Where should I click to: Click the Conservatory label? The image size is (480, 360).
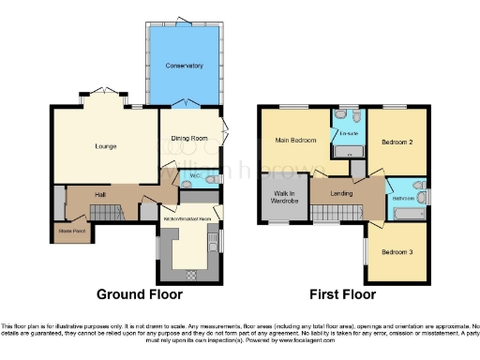(184, 66)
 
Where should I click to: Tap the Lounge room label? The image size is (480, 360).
(104, 146)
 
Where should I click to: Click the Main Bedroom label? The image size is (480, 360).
(293, 141)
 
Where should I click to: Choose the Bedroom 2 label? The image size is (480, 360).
(397, 142)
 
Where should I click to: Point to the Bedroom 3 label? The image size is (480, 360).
(397, 252)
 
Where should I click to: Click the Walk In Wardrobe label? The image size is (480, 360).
(283, 197)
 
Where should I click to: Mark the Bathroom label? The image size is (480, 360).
(404, 199)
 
